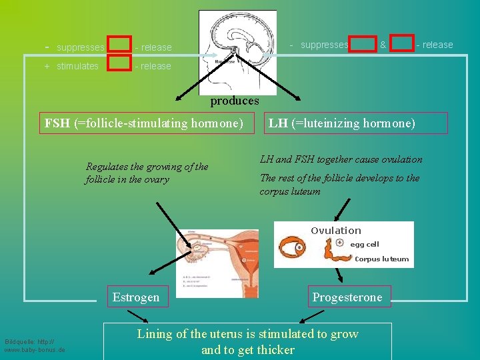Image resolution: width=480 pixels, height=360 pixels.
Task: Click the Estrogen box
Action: pyautogui.click(x=136, y=297)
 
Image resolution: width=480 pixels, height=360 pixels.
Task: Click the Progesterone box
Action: pyautogui.click(x=347, y=297)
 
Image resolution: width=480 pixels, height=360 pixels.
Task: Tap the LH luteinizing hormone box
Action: pyautogui.click(x=342, y=123)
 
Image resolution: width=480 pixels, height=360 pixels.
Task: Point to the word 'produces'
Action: pyautogui.click(x=234, y=101)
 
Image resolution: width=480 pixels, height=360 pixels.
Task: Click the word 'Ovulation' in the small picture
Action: pyautogui.click(x=335, y=231)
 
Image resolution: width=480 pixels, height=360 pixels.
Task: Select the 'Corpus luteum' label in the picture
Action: pyautogui.click(x=381, y=259)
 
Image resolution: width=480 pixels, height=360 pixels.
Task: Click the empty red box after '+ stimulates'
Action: pyautogui.click(x=119, y=63)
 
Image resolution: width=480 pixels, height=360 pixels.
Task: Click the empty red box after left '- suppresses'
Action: pyautogui.click(x=119, y=44)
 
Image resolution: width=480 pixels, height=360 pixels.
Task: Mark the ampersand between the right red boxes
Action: pyautogui.click(x=383, y=45)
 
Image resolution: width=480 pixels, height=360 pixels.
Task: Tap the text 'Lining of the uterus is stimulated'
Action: pyautogui.click(x=247, y=334)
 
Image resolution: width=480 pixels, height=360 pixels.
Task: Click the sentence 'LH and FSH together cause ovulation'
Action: pyautogui.click(x=341, y=159)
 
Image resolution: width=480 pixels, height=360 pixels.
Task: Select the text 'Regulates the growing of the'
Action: pyautogui.click(x=147, y=167)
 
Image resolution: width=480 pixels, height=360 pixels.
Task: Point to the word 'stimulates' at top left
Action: pyautogui.click(x=77, y=66)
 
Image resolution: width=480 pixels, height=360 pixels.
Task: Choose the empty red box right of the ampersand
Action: pyautogui.click(x=402, y=44)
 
